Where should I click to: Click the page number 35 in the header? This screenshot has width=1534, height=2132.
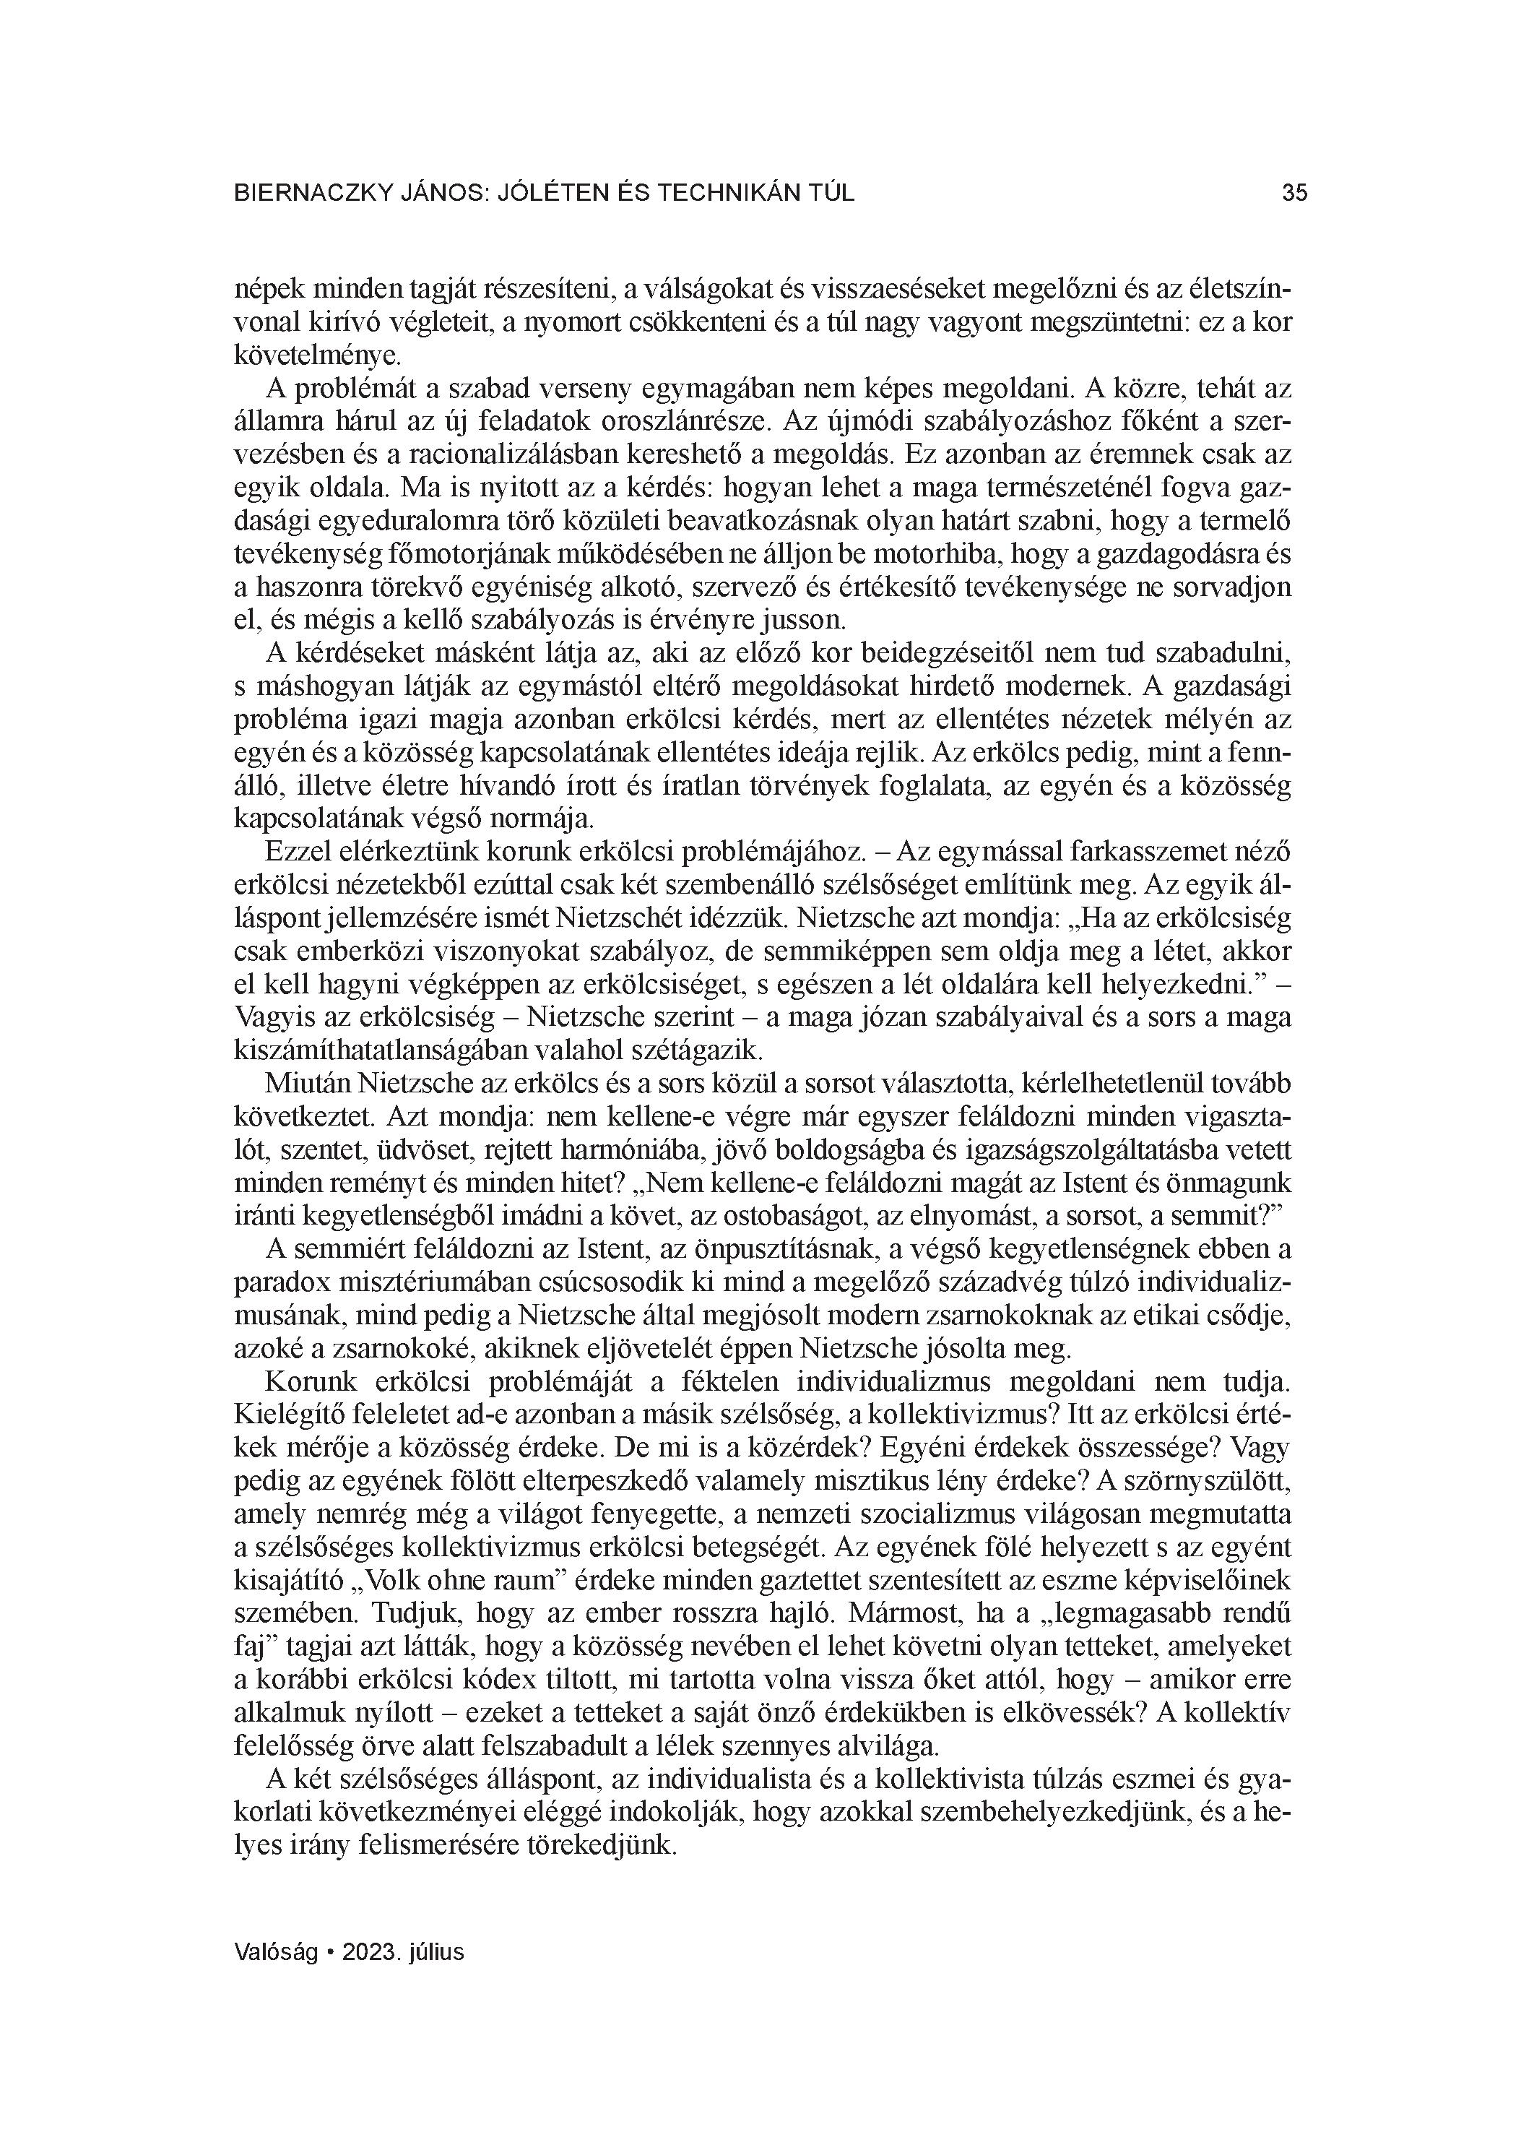click(x=1294, y=193)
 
